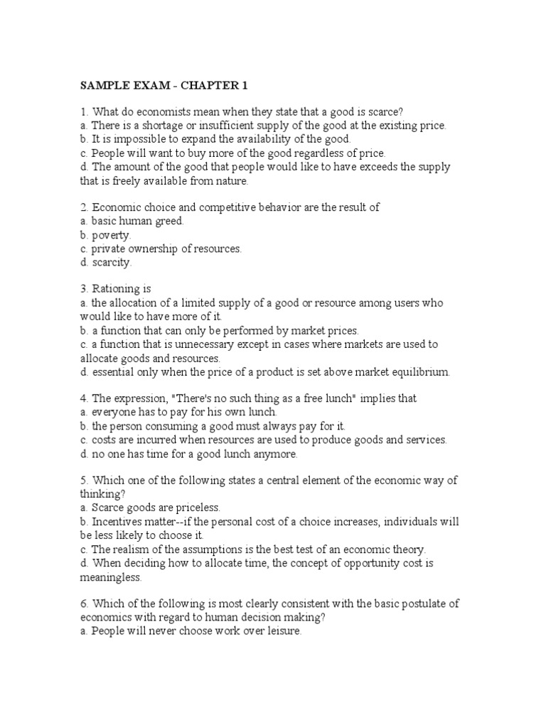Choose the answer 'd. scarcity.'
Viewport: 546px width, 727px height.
(x=106, y=263)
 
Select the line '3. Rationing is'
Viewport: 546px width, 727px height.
(x=116, y=289)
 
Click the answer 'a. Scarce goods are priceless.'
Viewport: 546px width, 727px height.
(x=150, y=508)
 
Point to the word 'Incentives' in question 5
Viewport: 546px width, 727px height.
(x=116, y=522)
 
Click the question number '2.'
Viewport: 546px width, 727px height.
(x=84, y=207)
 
